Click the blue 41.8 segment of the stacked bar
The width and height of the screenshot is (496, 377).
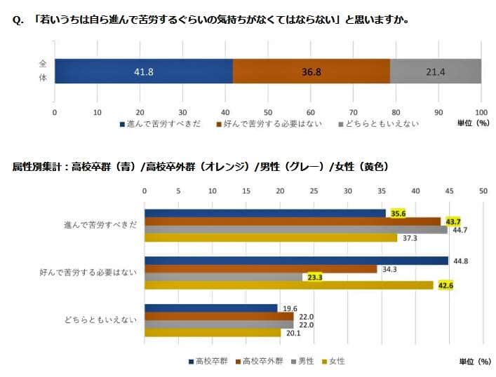click(144, 71)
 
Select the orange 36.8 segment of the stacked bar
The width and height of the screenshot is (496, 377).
click(311, 71)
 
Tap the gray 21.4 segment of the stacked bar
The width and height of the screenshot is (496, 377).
click(435, 71)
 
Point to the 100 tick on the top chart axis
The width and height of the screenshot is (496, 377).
click(481, 111)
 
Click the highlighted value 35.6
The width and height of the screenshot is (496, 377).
click(398, 213)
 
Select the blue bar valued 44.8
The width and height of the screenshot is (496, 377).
click(295, 261)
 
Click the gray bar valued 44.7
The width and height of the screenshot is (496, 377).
click(295, 229)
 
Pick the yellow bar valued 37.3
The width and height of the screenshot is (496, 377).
click(270, 238)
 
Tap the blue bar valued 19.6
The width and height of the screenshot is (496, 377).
click(210, 308)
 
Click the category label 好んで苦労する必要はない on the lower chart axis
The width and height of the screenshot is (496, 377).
click(88, 273)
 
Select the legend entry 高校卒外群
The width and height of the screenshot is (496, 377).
click(260, 361)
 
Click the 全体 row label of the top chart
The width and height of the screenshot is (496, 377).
click(43, 71)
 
